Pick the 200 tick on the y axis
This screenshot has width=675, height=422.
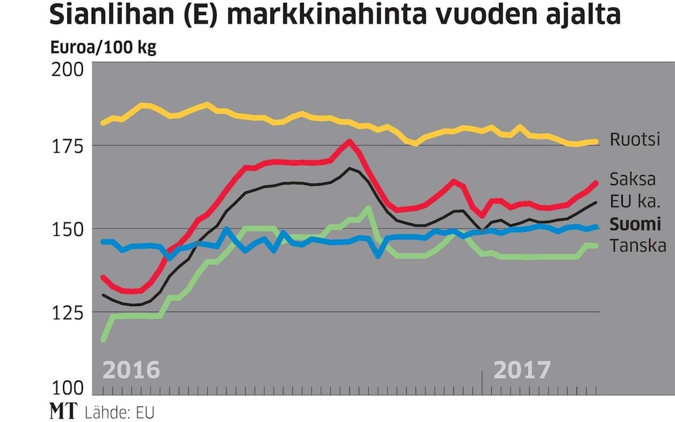coord(71,69)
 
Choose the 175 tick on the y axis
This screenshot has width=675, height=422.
coord(71,146)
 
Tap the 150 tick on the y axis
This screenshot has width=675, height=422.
coord(71,229)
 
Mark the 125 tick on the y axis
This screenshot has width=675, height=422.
coord(71,312)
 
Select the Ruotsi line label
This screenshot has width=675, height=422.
coord(635,139)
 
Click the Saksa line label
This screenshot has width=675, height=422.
coord(632,179)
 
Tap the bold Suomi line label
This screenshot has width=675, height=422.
coord(635,224)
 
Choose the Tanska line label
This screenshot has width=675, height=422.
coord(637,245)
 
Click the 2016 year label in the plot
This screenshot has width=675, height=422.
coord(132,369)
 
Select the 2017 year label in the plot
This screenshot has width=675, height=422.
coord(521,369)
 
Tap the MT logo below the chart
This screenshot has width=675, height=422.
coord(62,412)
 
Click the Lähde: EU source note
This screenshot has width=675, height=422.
coord(120,412)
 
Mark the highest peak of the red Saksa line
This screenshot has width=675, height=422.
coord(350,142)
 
